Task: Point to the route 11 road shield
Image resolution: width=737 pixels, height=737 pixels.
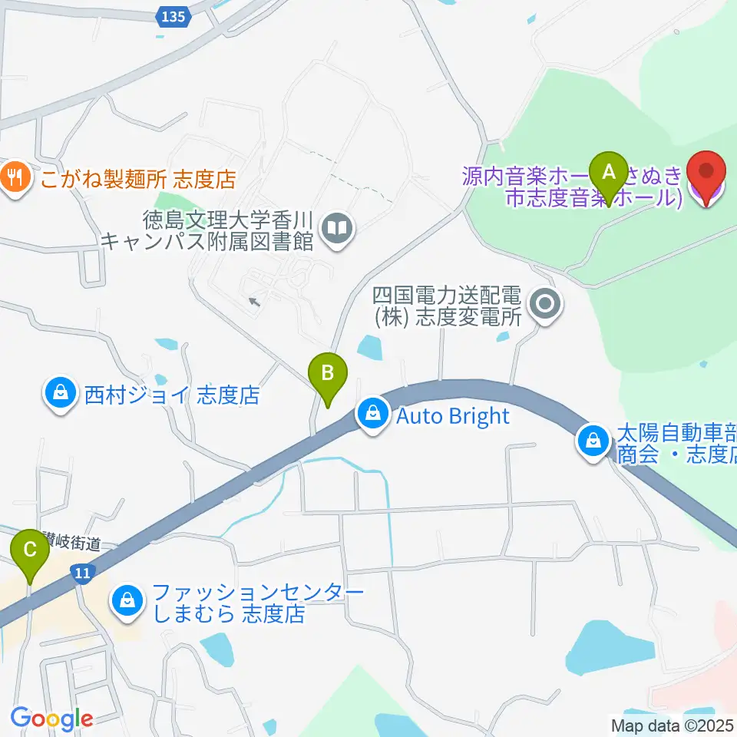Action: pos(82,572)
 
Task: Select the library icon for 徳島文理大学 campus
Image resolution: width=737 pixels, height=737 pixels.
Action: pos(336,227)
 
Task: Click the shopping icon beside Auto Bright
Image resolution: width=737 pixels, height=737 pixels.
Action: pos(372,415)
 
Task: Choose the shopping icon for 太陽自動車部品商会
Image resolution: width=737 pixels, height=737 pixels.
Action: pos(593,443)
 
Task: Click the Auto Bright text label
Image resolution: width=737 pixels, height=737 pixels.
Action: pos(453,416)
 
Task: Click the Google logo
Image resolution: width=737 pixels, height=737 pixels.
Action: pos(51,719)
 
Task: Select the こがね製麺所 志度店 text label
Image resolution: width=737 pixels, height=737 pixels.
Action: pos(137,180)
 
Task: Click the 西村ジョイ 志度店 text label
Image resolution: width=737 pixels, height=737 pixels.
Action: pos(172,395)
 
